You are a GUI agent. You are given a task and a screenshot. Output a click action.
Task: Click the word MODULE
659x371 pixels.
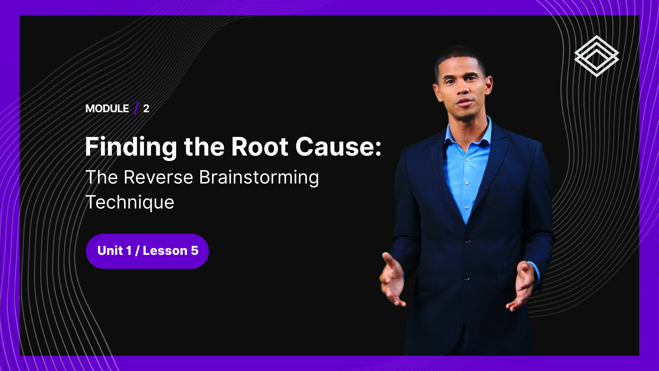107,109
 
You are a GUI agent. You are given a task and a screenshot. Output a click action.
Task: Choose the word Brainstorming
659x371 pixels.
259,178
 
